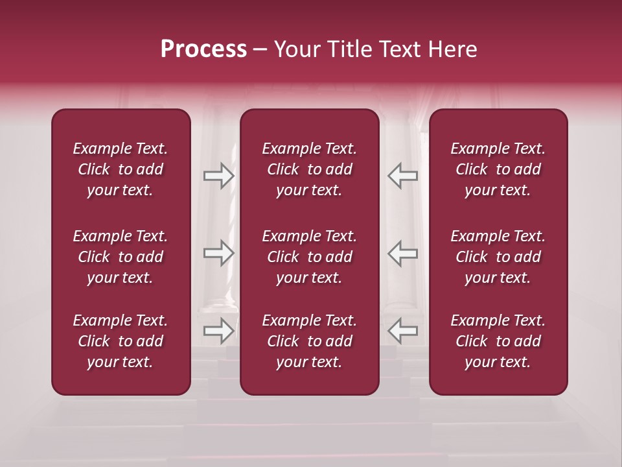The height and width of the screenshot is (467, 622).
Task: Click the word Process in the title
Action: coord(203,49)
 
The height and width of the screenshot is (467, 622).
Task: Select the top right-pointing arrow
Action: coord(218,175)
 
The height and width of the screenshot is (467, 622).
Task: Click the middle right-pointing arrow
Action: coord(218,253)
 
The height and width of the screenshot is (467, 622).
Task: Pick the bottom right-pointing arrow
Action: coord(218,331)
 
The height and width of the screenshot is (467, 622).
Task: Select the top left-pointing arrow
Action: coord(403,175)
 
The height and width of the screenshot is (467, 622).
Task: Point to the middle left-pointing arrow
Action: coord(403,253)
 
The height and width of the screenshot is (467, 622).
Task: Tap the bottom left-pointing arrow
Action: coord(403,331)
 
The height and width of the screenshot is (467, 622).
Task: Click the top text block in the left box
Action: coord(121,169)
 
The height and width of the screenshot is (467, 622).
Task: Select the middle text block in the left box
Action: coord(121,257)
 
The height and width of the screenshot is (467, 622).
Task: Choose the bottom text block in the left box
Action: coord(121,341)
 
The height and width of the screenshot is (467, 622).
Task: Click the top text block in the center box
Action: coord(309,169)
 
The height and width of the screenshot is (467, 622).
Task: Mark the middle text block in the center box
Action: coord(309,257)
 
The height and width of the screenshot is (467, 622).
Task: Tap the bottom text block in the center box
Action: coord(309,341)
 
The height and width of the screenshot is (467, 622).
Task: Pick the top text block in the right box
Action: coord(498,169)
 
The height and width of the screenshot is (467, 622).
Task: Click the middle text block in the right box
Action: coord(498,257)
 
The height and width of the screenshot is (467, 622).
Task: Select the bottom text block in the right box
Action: coord(498,341)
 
